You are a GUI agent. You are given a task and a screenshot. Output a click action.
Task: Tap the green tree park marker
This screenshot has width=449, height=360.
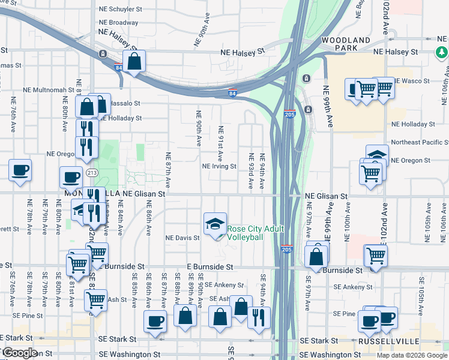pyautogui.click(x=442, y=52)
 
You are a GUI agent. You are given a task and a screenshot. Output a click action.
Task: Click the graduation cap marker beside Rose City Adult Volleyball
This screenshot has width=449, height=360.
pyautogui.click(x=215, y=224)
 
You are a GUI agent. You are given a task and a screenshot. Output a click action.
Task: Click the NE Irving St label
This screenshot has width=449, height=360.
pyautogui.click(x=219, y=167)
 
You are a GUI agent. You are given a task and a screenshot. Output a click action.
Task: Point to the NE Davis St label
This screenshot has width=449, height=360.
pyautogui.click(x=182, y=238)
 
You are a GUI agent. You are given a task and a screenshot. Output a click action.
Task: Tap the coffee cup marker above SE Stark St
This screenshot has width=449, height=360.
pyautogui.click(x=155, y=320)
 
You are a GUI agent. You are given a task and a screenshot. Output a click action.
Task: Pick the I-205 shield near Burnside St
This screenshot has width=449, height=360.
pyautogui.click(x=287, y=248)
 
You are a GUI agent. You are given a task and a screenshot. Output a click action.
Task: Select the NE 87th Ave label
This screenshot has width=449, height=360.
pyautogui.click(x=169, y=167)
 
